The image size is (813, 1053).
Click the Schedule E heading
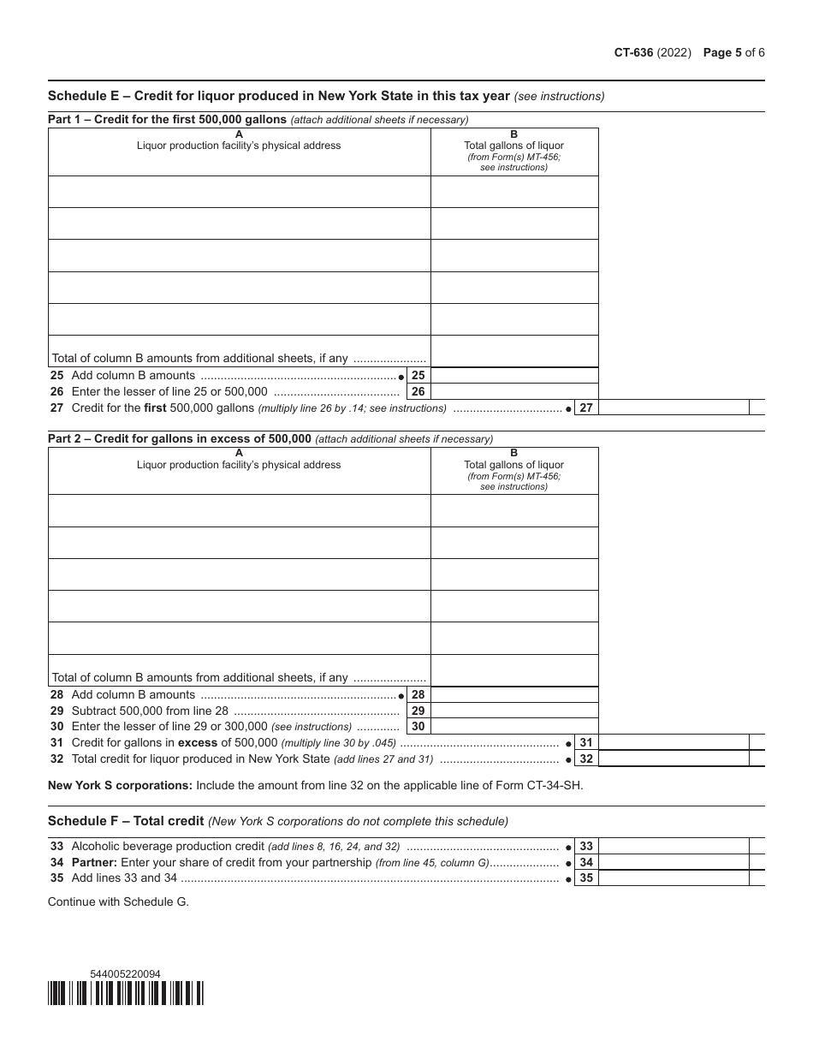(x=278, y=96)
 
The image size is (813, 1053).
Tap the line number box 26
(x=418, y=392)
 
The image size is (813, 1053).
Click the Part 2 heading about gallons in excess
(x=180, y=439)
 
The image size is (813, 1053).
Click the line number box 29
(x=418, y=711)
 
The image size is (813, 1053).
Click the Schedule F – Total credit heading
(x=126, y=821)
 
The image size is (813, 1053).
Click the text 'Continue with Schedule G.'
(x=118, y=901)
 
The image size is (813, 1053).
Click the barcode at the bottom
(x=126, y=992)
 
